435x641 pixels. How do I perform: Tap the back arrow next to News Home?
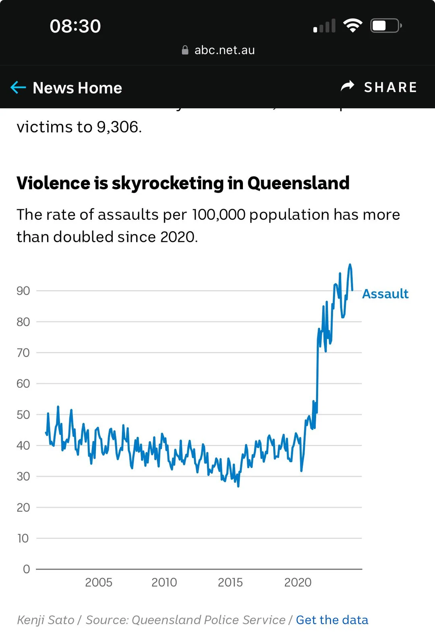18,87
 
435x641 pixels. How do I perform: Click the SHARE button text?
390,87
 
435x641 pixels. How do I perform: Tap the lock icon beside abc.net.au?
185,50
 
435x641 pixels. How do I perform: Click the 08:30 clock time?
75,26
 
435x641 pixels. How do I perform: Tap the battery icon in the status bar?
385,26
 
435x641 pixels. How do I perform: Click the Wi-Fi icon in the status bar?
352,26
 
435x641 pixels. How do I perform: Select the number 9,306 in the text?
118,127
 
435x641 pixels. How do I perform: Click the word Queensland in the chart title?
298,183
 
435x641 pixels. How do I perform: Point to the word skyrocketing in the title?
168,183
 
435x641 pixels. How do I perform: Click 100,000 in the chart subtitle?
218,215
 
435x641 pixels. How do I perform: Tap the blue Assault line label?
385,294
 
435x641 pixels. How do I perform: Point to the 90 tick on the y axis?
23,291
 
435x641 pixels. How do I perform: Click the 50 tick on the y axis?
23,415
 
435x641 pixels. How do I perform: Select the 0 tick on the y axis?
27,569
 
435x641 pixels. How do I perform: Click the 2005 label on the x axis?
99,582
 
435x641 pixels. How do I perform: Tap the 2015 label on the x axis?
230,582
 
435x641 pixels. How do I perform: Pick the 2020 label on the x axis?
298,582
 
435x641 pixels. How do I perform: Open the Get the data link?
332,620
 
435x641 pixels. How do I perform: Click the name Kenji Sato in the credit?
46,620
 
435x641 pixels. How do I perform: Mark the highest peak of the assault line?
350,265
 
